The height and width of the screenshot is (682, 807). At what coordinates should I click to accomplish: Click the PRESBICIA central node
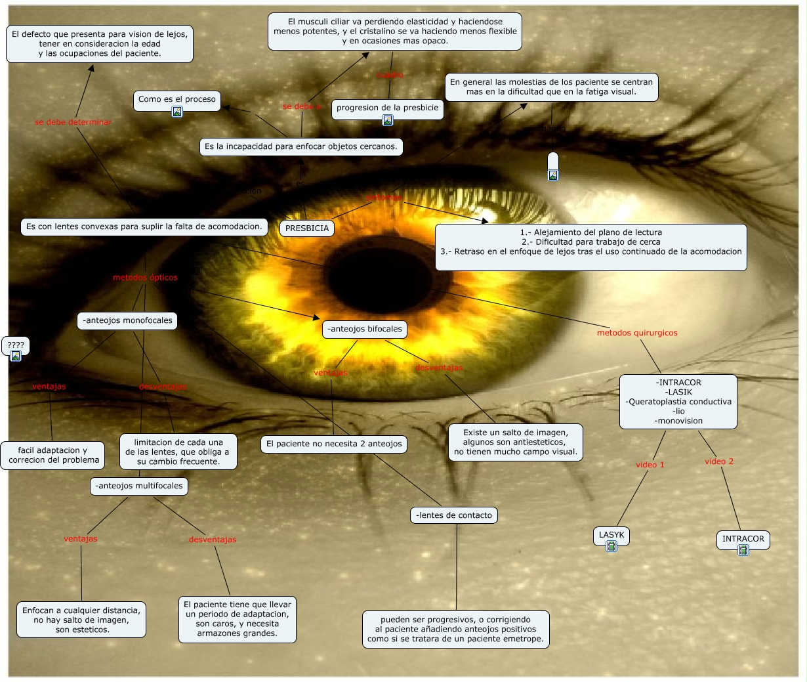[x=307, y=228]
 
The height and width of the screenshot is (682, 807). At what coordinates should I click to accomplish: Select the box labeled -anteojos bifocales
[x=365, y=330]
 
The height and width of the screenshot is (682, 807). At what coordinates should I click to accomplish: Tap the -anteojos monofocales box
[x=127, y=321]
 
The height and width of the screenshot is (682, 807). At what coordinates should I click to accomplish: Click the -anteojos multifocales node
[x=139, y=486]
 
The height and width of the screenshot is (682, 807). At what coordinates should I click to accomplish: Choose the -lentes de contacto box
[x=454, y=515]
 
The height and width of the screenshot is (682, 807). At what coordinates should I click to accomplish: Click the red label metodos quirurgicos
[x=637, y=333]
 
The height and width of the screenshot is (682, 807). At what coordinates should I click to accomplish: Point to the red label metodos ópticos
[x=145, y=278]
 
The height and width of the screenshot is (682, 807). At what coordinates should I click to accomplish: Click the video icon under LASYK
[x=611, y=546]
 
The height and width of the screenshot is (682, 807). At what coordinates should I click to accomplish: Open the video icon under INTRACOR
[x=743, y=550]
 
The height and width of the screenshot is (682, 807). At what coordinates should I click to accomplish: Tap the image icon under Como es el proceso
[x=176, y=112]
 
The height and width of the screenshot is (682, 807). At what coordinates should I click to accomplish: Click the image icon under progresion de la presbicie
[x=388, y=120]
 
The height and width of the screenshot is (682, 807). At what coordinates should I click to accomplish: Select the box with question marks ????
[x=16, y=345]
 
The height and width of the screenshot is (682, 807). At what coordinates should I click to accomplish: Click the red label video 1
[x=650, y=465]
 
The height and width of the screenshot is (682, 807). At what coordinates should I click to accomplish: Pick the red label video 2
[x=719, y=461]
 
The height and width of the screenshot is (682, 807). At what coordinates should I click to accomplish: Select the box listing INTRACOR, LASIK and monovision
[x=678, y=402]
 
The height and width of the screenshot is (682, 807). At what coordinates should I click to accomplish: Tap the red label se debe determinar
[x=73, y=122]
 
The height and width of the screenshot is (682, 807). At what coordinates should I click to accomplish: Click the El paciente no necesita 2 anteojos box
[x=334, y=444]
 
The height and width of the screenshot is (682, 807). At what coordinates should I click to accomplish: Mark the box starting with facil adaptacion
[x=52, y=455]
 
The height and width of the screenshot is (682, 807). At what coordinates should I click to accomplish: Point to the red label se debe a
[x=302, y=106]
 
